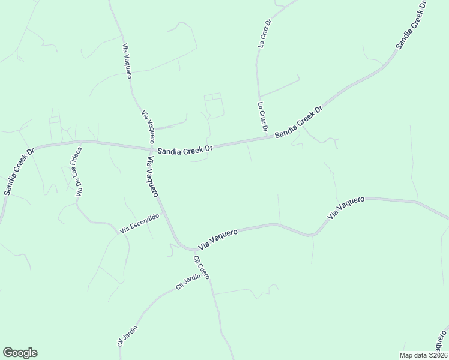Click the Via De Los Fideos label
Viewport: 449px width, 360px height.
point(78,172)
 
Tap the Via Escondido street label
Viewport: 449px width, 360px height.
point(140,223)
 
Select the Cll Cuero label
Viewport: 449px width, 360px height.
point(201,268)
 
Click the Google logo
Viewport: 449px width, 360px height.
point(20,353)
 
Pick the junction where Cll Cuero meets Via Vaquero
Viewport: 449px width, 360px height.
point(191,249)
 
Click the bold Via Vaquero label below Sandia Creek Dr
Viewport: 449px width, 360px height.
point(152,176)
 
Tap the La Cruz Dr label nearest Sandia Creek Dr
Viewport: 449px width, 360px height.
point(262,116)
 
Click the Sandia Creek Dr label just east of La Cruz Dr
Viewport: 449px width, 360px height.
point(299,122)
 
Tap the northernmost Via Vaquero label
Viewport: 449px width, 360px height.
point(127,61)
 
